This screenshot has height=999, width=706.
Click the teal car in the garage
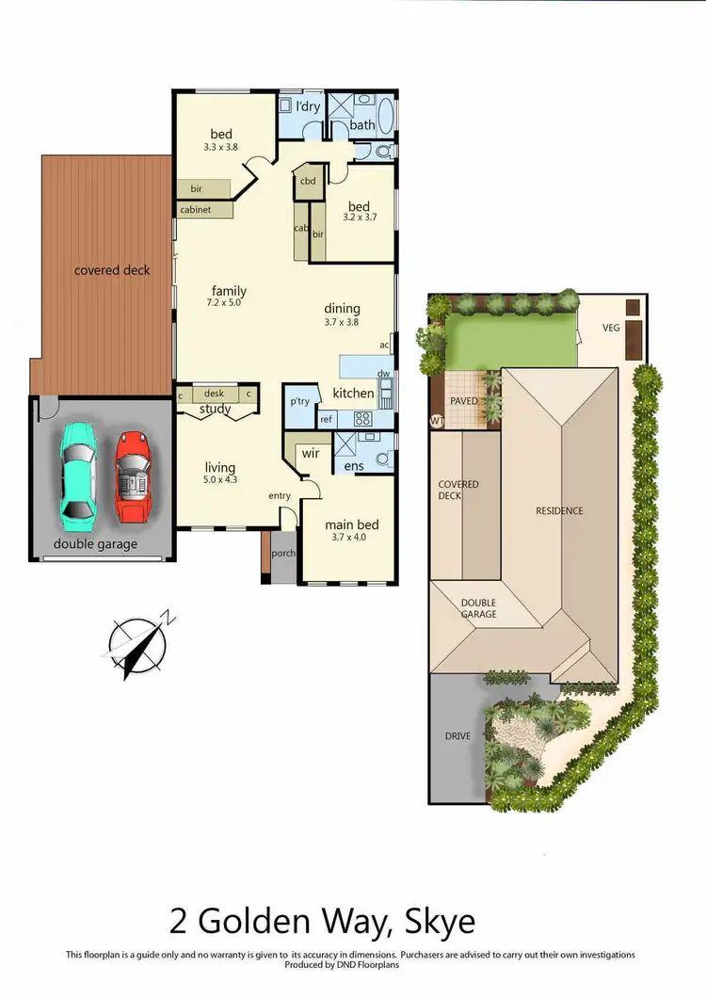(78, 473)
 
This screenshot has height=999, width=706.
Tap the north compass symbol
(139, 645)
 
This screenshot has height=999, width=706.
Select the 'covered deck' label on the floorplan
(112, 270)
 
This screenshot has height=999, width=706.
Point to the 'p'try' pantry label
(300, 401)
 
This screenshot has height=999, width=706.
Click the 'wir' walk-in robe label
(311, 453)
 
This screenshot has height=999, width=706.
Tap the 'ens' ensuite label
(354, 466)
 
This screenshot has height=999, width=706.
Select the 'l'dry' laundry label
(308, 106)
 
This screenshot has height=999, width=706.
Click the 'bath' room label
(362, 125)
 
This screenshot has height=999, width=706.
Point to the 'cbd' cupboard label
(308, 181)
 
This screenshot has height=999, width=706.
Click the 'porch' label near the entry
(283, 554)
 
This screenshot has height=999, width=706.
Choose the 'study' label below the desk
(215, 410)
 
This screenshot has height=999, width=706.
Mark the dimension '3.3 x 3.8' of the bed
(221, 147)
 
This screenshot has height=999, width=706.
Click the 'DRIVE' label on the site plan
(458, 735)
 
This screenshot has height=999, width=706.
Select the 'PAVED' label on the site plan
(464, 400)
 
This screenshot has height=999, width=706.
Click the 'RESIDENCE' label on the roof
(559, 511)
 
